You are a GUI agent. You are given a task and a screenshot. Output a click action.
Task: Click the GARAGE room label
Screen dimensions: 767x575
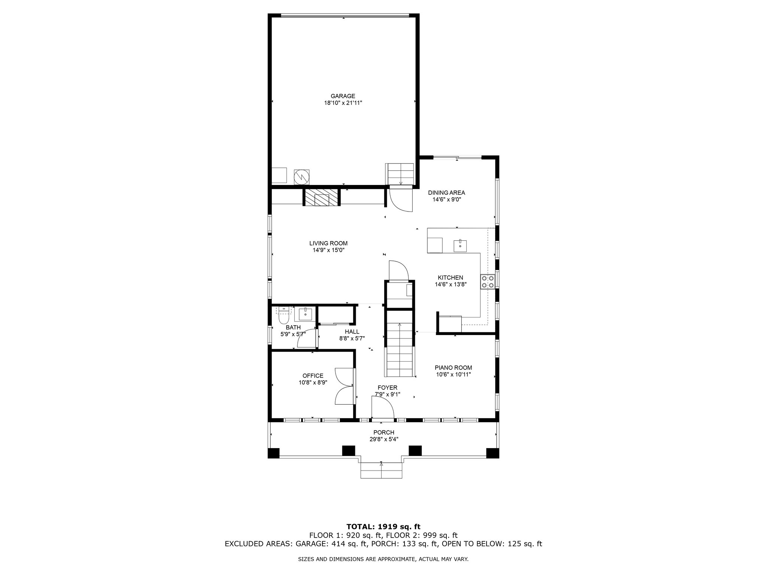[343, 96]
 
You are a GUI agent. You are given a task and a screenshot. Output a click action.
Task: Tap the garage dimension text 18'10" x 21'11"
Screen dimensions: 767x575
[343, 103]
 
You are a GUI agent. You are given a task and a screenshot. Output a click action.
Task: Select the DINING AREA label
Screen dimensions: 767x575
[446, 193]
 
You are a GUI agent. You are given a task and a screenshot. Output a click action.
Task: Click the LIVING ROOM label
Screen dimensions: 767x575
[328, 243]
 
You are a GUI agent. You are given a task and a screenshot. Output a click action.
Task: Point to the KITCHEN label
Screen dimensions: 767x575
[451, 278]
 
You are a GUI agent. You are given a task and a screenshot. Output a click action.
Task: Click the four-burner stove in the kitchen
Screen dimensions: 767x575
[487, 282]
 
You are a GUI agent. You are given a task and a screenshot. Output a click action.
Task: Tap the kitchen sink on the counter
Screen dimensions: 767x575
[460, 246]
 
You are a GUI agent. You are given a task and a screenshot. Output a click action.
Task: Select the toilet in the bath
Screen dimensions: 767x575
[284, 316]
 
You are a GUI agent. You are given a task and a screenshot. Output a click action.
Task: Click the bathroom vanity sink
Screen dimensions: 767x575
[305, 314]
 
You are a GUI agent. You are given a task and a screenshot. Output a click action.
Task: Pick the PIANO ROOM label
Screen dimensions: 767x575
[453, 368]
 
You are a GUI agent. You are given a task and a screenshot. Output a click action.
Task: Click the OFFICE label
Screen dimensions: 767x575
[313, 376]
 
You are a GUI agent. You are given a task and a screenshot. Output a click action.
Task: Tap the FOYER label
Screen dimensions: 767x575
[388, 387]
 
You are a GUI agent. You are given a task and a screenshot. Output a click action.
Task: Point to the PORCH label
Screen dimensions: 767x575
[384, 432]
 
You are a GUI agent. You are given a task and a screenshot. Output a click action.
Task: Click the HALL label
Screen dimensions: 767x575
[352, 332]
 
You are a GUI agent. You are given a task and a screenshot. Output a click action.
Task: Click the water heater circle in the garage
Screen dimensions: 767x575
[301, 177]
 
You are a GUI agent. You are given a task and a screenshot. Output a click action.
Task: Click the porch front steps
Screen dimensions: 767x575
[381, 471]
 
